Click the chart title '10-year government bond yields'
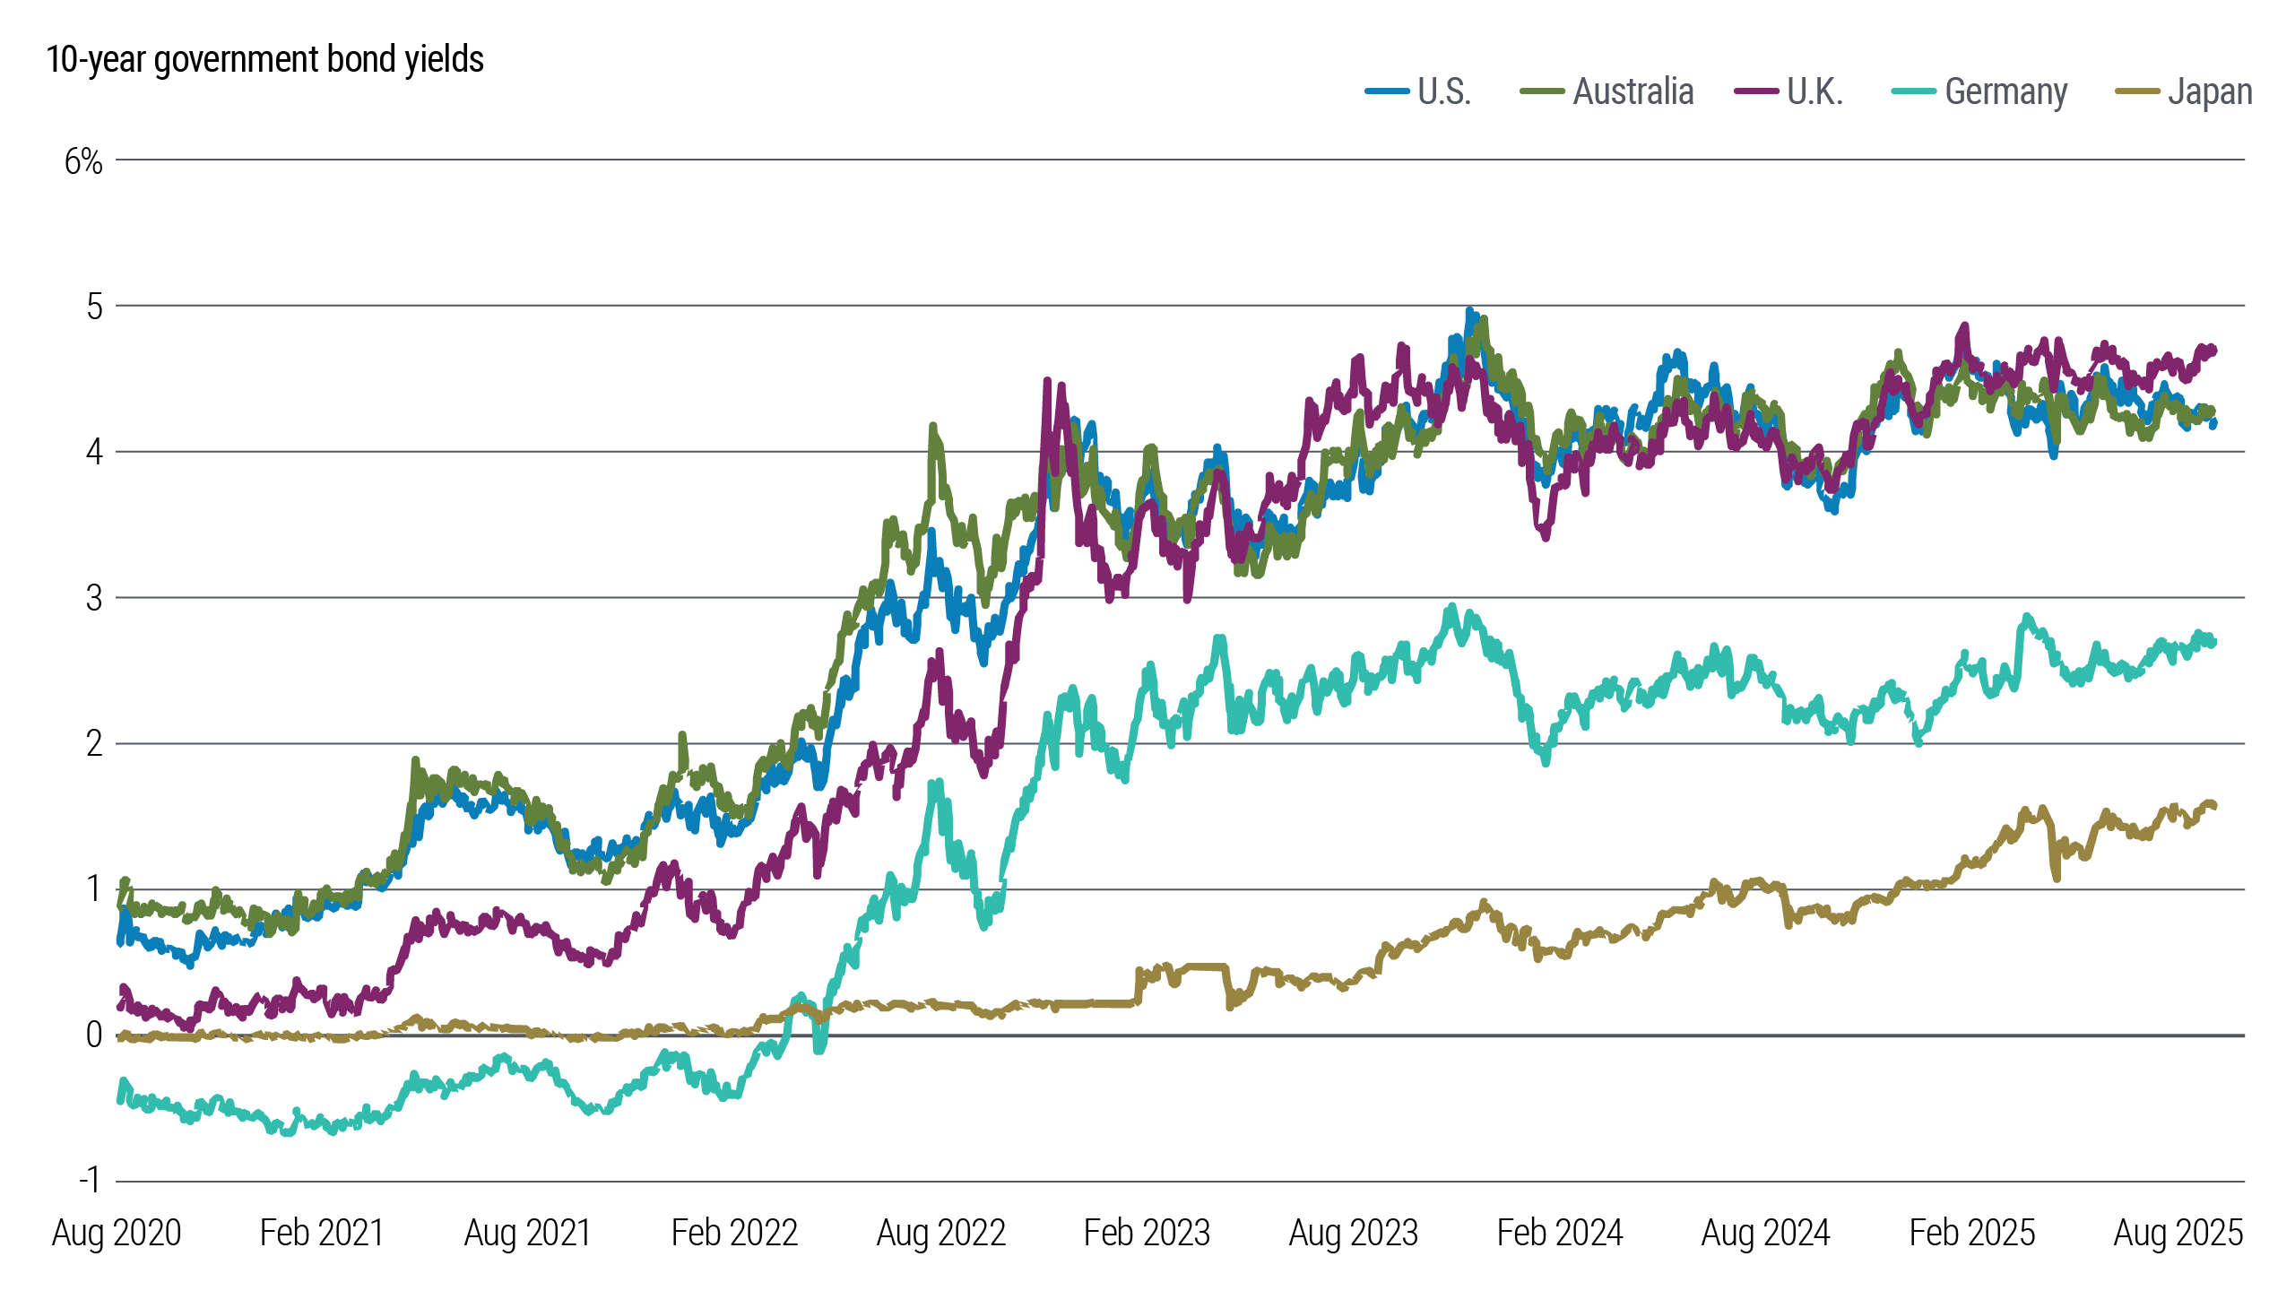pos(264,59)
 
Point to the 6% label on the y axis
pos(83,161)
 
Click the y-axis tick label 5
pos(94,307)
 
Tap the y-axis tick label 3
pos(94,598)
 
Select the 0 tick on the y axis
pos(94,1035)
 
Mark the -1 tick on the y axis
pos(90,1180)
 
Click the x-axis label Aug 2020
pos(117,1234)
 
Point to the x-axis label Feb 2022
pos(734,1234)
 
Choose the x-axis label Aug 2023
pos(1353,1234)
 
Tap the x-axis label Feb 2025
pos(1971,1234)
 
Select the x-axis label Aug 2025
pos(2178,1234)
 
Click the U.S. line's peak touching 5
pos(1468,311)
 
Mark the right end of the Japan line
pos(2214,805)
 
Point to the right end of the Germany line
pos(2214,641)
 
